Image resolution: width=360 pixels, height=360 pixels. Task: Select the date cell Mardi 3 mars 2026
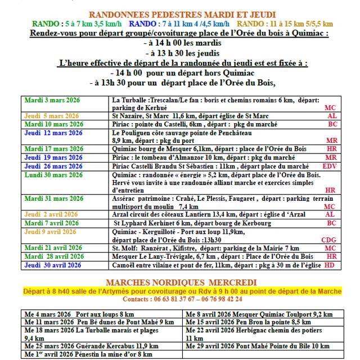click(x=52, y=100)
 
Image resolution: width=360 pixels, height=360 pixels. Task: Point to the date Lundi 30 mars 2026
click(x=52, y=175)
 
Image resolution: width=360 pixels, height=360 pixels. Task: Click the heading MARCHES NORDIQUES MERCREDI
click(x=181, y=282)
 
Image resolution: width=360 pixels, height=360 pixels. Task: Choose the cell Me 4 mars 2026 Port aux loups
click(x=79, y=313)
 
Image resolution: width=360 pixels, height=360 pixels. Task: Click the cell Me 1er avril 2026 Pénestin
click(x=88, y=354)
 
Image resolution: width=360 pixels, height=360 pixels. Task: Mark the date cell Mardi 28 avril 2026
click(x=52, y=256)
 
